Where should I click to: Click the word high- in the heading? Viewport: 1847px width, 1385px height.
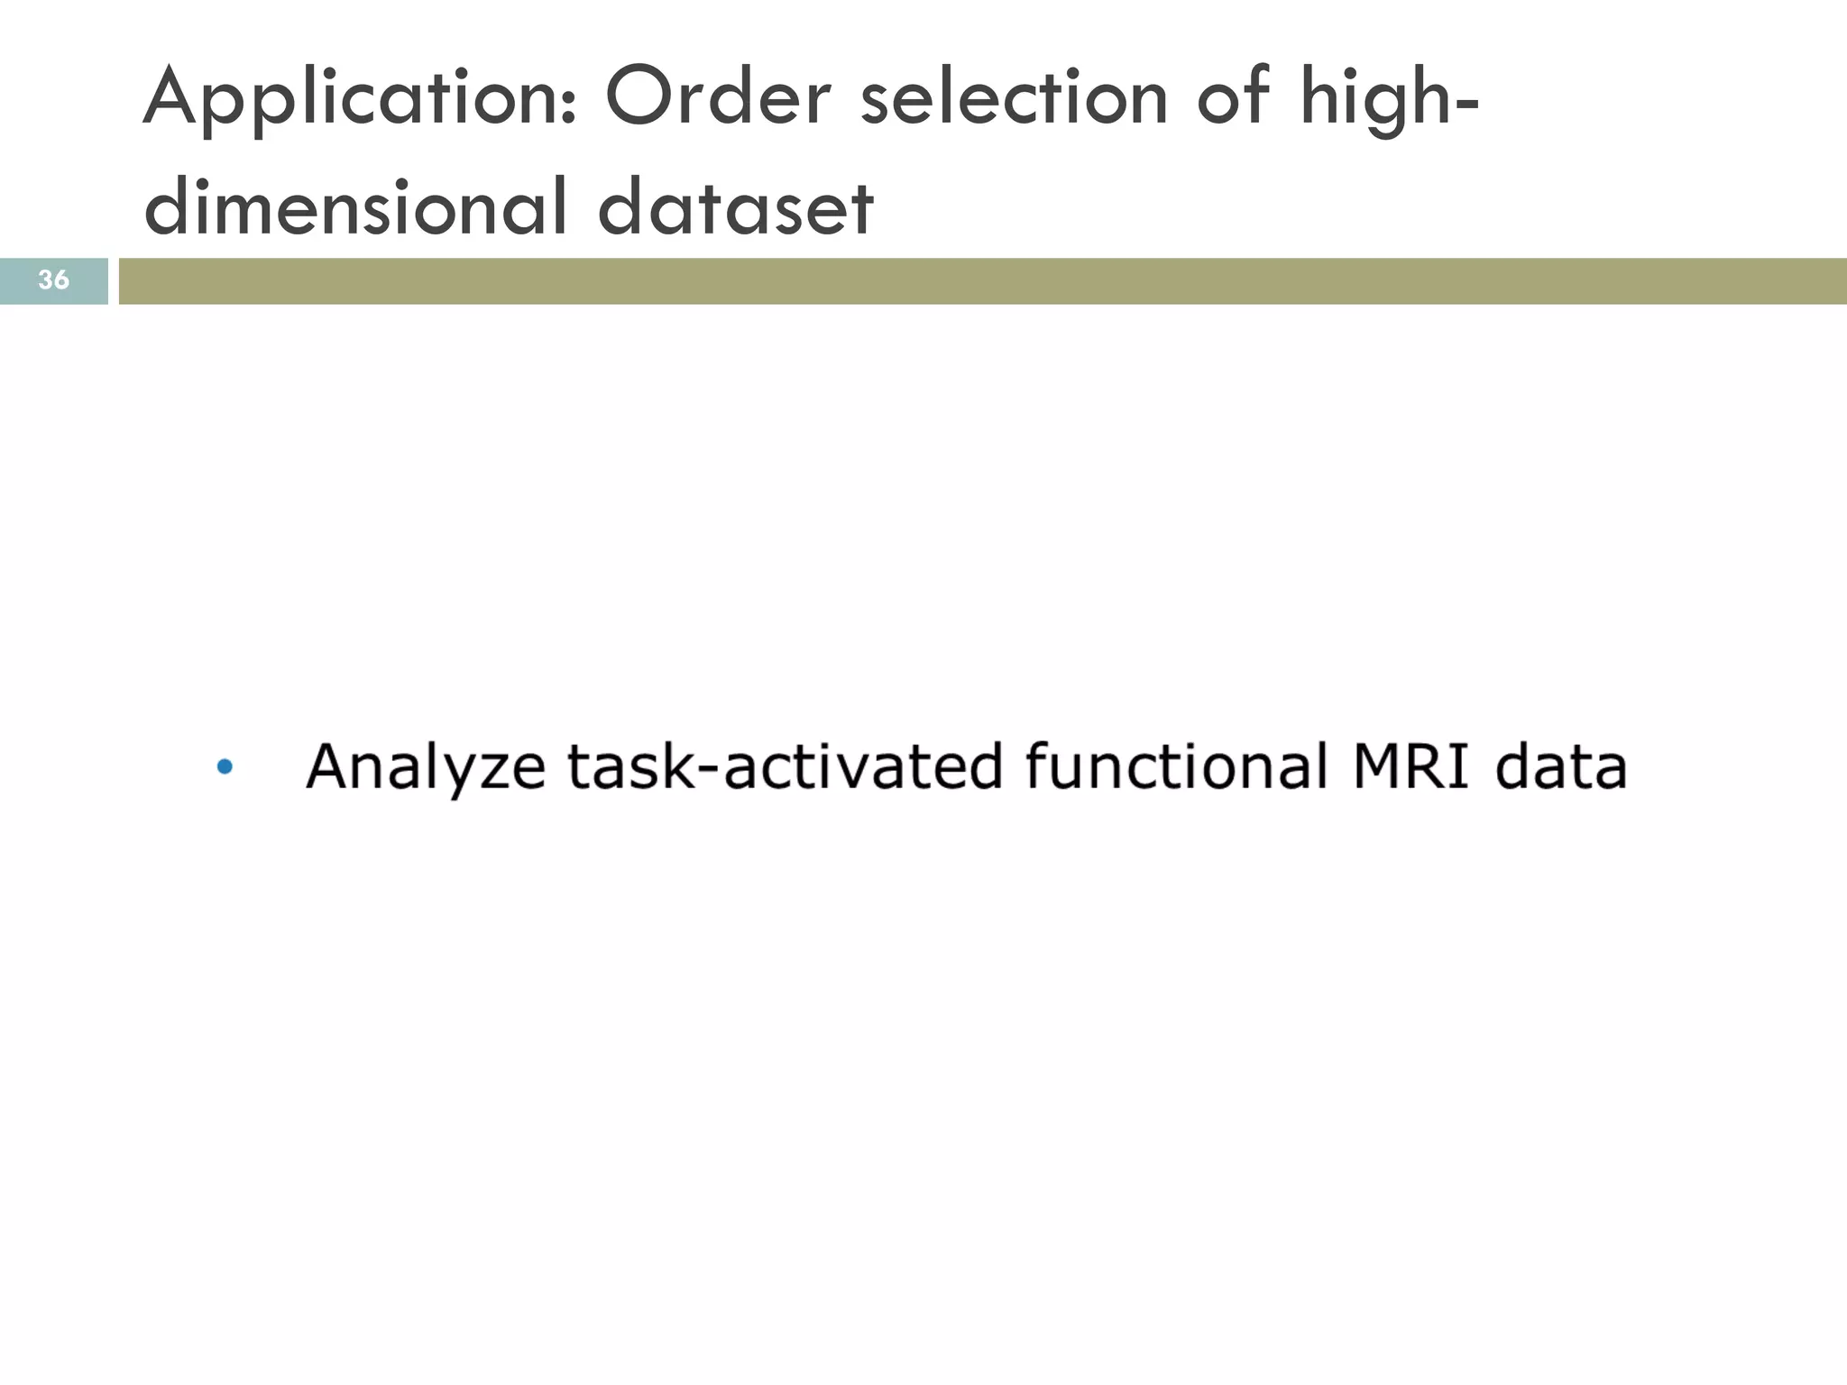click(1390, 98)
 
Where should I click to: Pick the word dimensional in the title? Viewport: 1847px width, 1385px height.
click(357, 207)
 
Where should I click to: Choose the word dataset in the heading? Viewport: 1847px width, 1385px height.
click(735, 207)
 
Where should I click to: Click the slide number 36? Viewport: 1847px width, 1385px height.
click(53, 280)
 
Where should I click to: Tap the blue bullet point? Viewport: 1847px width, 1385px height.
click(225, 767)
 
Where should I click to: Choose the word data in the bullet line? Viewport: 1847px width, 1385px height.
click(1561, 767)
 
